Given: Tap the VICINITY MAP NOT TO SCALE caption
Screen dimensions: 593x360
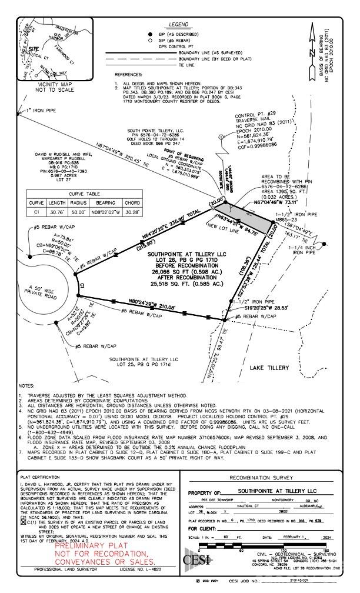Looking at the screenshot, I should coord(35,87).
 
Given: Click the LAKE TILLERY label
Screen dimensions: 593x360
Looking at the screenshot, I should coord(269,367).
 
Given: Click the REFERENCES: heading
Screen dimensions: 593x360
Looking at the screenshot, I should coord(128,75).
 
